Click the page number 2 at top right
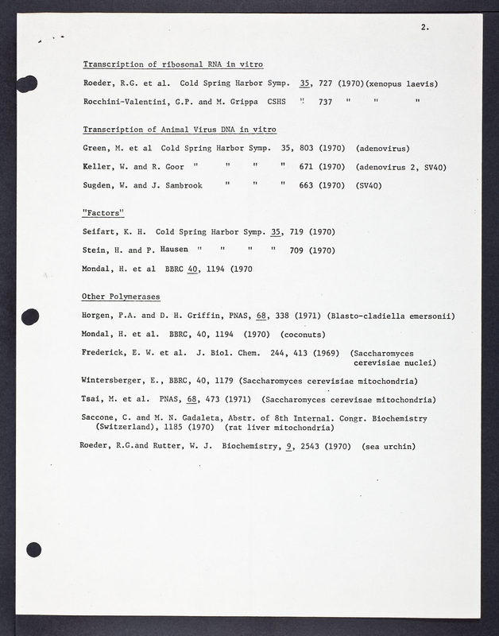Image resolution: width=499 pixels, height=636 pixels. (x=425, y=27)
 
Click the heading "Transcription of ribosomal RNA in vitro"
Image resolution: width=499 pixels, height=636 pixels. (x=172, y=64)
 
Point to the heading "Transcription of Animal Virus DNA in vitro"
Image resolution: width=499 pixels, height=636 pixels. (x=180, y=130)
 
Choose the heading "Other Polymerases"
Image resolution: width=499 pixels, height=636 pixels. (x=122, y=297)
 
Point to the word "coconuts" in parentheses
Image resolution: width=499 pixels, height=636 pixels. (x=303, y=335)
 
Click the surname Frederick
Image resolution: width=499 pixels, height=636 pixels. (x=106, y=353)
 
